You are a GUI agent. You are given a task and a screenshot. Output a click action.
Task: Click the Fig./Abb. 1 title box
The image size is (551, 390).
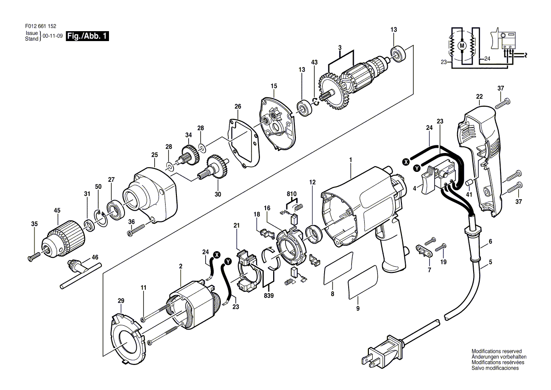pos(87,36)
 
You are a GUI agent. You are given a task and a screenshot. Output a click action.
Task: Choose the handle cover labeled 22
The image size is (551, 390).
pos(480,159)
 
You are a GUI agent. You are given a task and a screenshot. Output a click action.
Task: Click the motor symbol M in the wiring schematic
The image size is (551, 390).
pos(462,46)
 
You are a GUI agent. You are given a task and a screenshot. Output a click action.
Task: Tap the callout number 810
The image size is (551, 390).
pos(292,194)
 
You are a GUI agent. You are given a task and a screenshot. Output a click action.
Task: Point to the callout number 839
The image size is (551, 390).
pos(269,296)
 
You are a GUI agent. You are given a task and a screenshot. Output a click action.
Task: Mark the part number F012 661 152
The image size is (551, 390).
pos(41,26)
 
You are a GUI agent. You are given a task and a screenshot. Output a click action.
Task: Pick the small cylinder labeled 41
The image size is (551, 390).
pos(469,183)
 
